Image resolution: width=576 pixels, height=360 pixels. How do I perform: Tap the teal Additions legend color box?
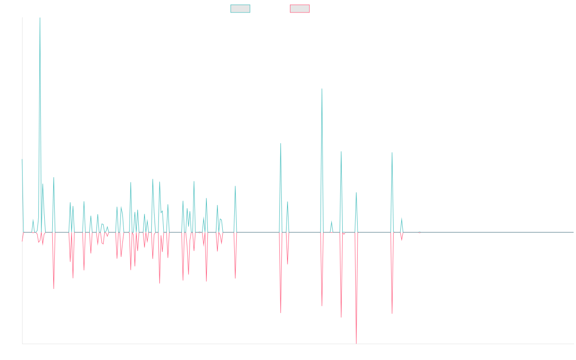(x=240, y=9)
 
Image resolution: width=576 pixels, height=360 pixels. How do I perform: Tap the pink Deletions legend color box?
(x=300, y=9)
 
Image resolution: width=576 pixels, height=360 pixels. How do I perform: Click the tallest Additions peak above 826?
(x=39, y=18)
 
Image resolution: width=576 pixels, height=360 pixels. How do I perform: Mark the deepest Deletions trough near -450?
(x=356, y=343)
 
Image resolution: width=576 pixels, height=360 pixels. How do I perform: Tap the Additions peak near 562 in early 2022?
(x=322, y=89)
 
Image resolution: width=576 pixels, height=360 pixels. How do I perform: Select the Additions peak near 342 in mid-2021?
(x=281, y=144)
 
